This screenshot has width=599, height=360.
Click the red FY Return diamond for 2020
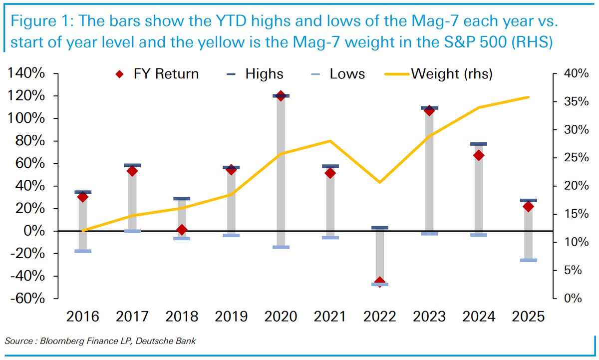point(281,96)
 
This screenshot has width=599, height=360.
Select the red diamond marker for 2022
point(380,283)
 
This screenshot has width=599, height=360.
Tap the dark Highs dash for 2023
point(429,108)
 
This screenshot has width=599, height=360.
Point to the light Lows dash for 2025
point(529,260)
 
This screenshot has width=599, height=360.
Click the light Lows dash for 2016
point(83,251)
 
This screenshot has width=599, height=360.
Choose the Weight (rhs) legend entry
point(439,74)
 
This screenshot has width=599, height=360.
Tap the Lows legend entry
point(337,74)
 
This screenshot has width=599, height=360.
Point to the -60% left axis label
point(26,299)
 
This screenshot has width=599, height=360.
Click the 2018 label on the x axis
point(182,317)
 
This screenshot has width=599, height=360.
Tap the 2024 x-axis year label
point(479,317)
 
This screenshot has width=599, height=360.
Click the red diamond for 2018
point(182,230)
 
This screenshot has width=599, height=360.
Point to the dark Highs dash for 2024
point(479,144)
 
